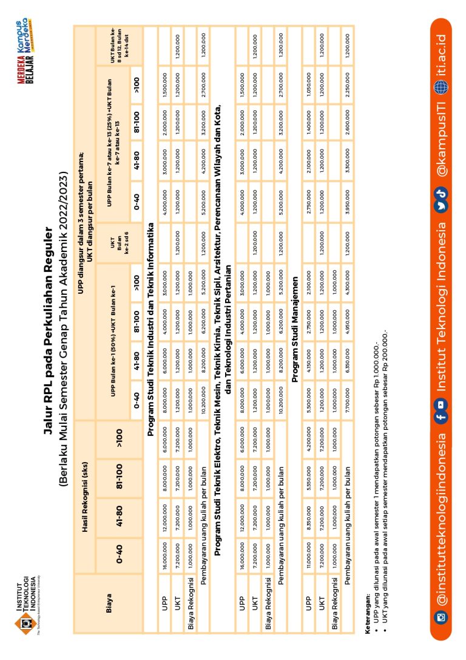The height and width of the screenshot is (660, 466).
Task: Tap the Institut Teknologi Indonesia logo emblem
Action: pyautogui.click(x=26, y=622)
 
